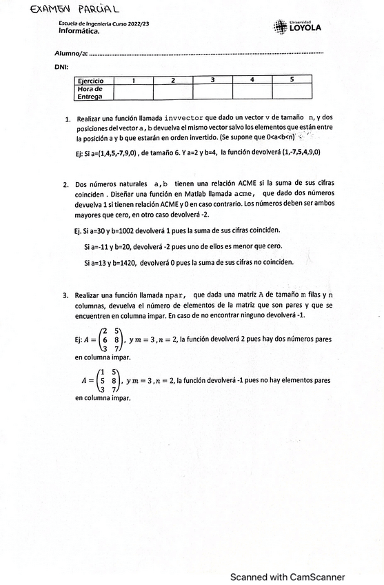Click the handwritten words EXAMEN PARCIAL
tap(65, 10)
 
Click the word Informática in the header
tap(79, 31)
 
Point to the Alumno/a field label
tap(71, 53)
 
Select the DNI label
tap(60, 67)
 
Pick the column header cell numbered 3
tap(212, 81)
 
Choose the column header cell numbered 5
tap(292, 81)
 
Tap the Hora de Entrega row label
tap(90, 92)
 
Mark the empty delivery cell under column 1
tap(132, 92)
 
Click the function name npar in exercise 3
tap(176, 295)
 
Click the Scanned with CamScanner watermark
tap(287, 558)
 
